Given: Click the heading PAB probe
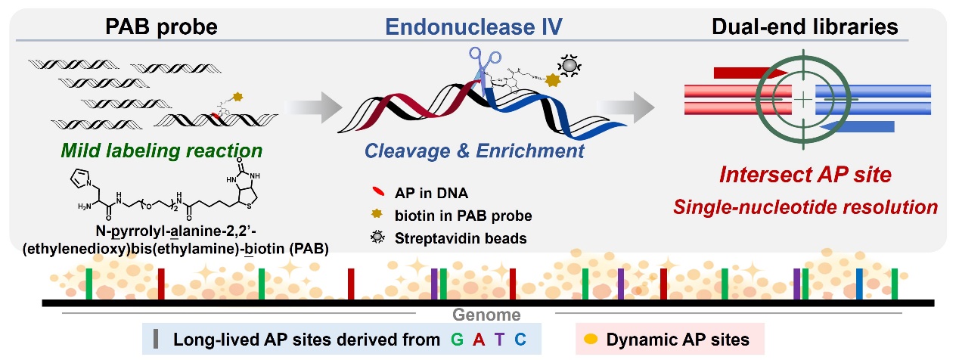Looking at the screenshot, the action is coord(161,26).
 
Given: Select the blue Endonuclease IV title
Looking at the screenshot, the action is coord(473,26).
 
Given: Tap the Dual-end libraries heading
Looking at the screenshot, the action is coord(805,26).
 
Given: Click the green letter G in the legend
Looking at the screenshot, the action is coord(458,340).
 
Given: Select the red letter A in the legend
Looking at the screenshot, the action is coord(479,340).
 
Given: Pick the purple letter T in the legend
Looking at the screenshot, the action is coord(499,340).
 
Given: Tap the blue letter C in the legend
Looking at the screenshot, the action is coord(520,340).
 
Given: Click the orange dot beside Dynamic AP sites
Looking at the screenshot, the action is coord(591,340).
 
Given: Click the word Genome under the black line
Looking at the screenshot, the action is coord(486,315).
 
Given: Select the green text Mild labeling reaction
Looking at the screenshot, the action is coord(161,151).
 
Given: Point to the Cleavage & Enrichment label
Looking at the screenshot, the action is coord(474,151).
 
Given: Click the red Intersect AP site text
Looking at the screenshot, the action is coord(805,175).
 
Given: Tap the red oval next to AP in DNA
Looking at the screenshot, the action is coord(378,191).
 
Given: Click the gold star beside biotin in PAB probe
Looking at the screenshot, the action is coord(377,213).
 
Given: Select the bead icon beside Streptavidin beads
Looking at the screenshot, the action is coord(377,237).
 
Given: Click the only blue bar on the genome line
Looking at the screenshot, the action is coord(859,284).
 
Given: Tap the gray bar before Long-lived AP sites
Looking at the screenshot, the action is coord(156,339).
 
